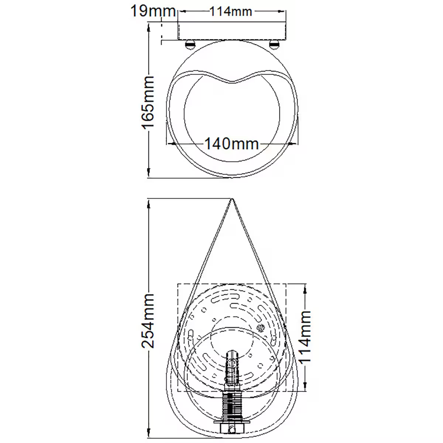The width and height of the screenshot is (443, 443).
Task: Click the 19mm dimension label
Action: (153, 11)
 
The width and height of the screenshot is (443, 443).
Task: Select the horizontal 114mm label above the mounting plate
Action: (231, 11)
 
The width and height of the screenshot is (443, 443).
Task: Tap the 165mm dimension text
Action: (148, 102)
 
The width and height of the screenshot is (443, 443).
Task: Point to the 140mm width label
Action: (232, 143)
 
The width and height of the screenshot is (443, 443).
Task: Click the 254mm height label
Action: (148, 321)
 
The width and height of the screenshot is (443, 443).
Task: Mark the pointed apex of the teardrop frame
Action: (232, 200)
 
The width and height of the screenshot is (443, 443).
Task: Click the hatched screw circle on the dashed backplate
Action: (261, 327)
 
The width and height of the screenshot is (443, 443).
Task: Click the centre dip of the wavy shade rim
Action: (232, 81)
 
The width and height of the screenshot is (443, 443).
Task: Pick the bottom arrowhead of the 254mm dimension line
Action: (148, 439)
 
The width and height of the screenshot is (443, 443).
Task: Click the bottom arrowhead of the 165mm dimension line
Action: (148, 174)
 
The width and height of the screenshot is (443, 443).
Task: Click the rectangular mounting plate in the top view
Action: (232, 30)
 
